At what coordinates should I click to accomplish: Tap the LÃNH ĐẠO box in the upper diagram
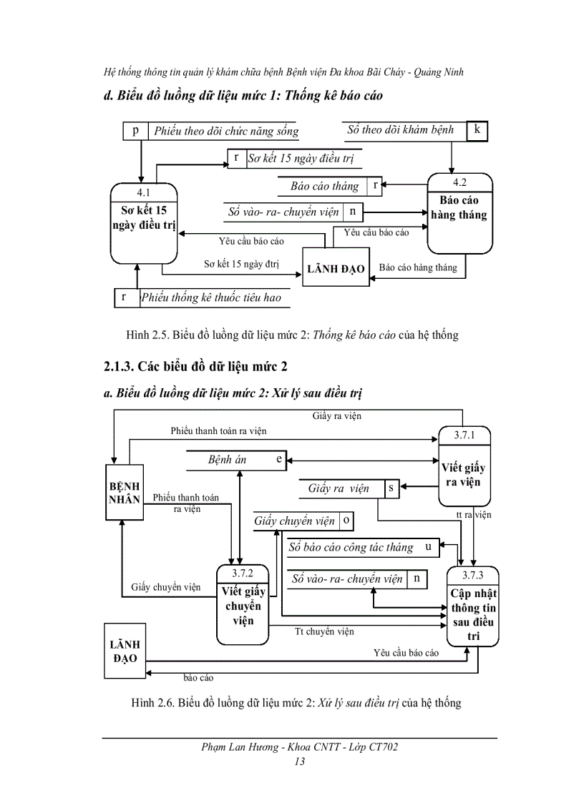[x=336, y=269]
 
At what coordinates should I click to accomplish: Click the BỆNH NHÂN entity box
[x=124, y=493]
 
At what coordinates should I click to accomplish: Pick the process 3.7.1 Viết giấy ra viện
[x=462, y=468]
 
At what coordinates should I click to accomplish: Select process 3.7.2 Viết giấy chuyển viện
[x=243, y=604]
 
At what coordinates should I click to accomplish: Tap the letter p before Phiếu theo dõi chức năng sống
[x=135, y=131]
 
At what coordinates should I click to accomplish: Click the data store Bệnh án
[x=228, y=460]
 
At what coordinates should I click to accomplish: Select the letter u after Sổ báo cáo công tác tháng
[x=427, y=547]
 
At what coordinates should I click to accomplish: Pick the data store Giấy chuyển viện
[x=295, y=521]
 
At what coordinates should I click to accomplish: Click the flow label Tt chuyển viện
[x=324, y=631]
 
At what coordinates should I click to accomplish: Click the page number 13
[x=299, y=762]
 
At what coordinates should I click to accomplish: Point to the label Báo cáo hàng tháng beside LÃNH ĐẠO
[x=417, y=267]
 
